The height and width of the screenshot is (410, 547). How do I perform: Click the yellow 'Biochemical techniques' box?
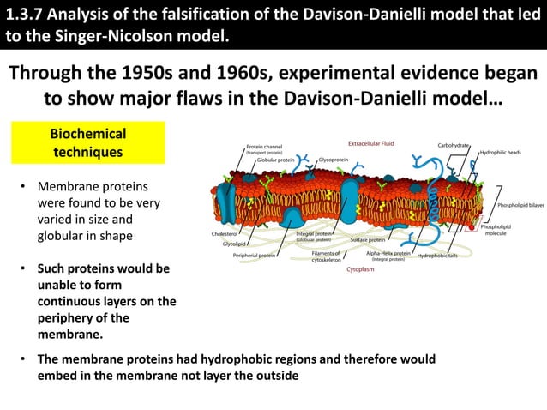point(87,143)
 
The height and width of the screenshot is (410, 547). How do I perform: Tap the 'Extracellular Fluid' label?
point(371,142)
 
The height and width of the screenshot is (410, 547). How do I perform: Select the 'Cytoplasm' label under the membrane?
point(360,268)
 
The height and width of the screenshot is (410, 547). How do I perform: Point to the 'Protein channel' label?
point(264,147)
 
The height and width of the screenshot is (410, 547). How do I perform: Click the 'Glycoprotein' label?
point(333,160)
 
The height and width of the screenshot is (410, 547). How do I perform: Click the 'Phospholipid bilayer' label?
point(520,206)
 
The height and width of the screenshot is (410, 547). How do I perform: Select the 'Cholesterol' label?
point(225,233)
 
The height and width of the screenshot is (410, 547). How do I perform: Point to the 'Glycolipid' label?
point(234,244)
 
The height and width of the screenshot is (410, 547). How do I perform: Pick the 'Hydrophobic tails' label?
point(436,255)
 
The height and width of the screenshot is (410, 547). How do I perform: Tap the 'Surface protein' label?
point(368,240)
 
